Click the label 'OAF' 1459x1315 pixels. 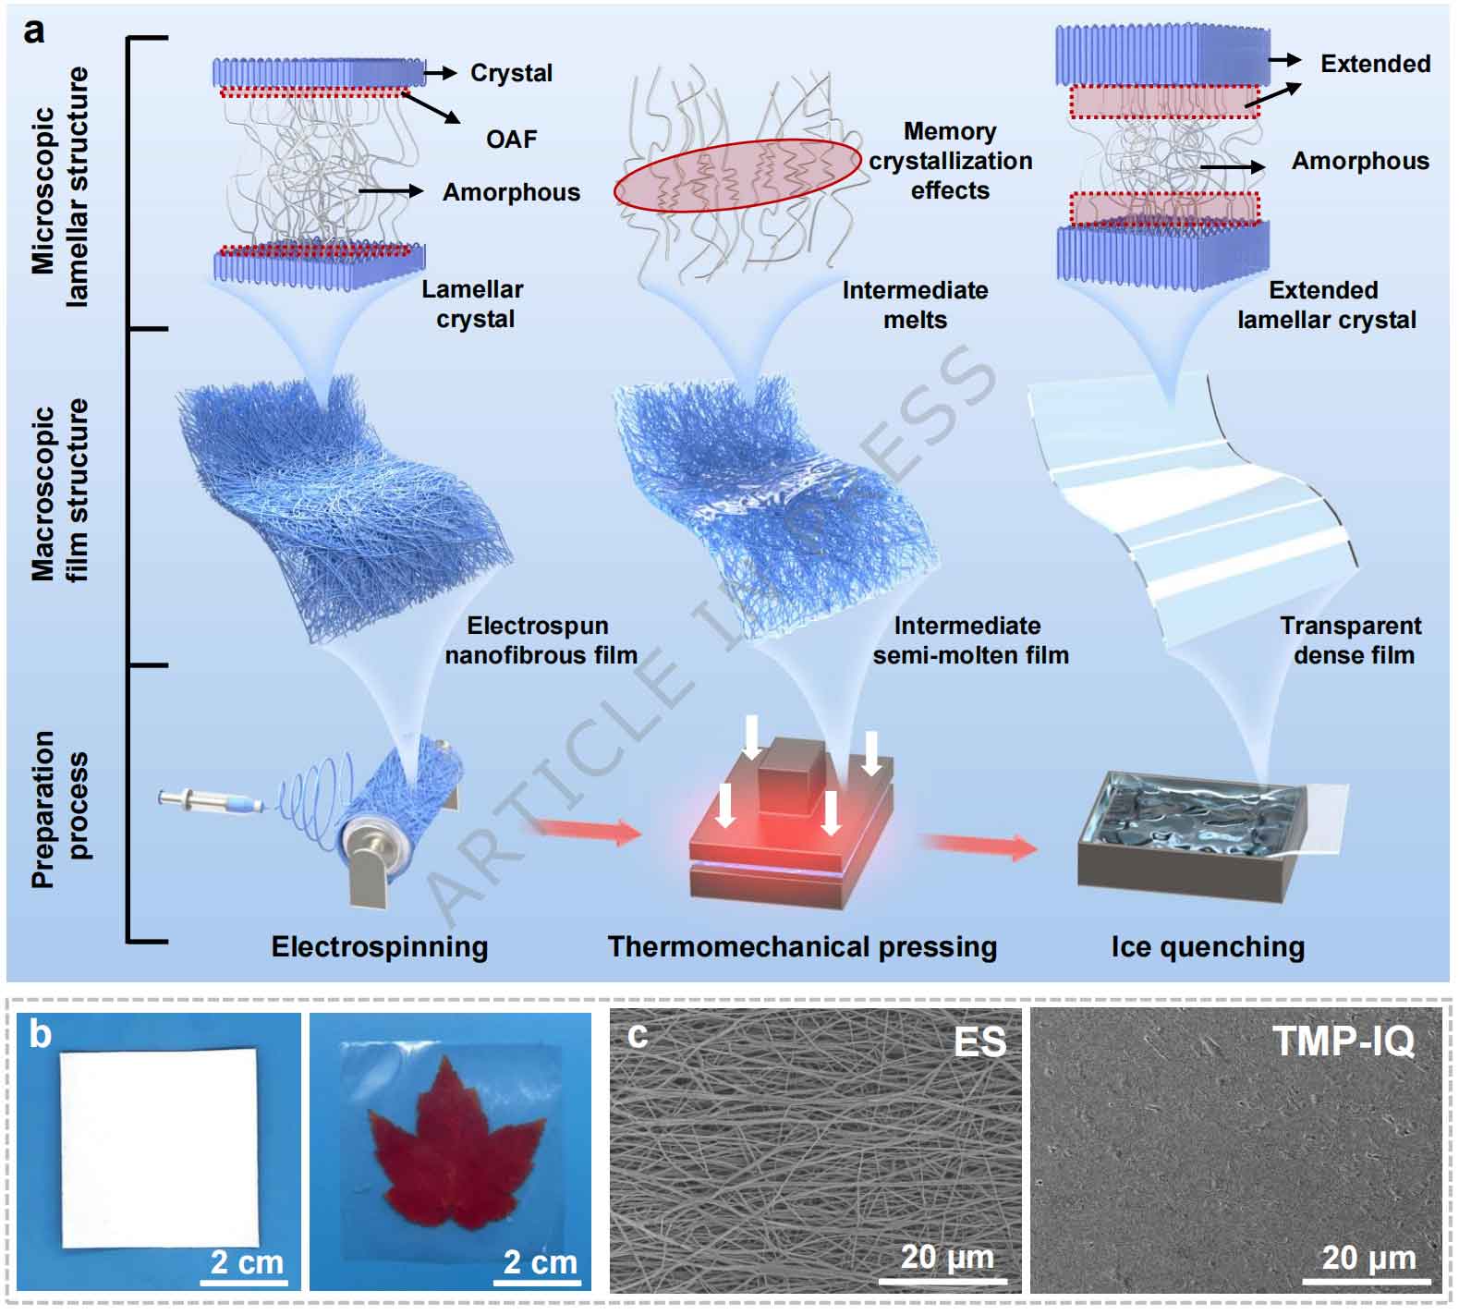tap(511, 139)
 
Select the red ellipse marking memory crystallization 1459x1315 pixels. tap(737, 176)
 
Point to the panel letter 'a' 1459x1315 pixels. tap(34, 30)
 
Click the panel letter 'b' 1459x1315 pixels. tap(40, 1034)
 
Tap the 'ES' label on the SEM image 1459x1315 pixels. tap(979, 1042)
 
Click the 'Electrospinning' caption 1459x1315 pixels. tap(379, 946)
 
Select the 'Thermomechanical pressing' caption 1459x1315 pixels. tap(802, 946)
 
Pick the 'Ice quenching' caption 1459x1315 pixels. tap(1208, 946)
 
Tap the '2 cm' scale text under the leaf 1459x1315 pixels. tap(540, 1261)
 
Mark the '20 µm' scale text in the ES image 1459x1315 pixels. tap(946, 1257)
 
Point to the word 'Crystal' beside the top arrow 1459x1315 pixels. tap(511, 73)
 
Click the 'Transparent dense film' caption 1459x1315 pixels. tap(1351, 640)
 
